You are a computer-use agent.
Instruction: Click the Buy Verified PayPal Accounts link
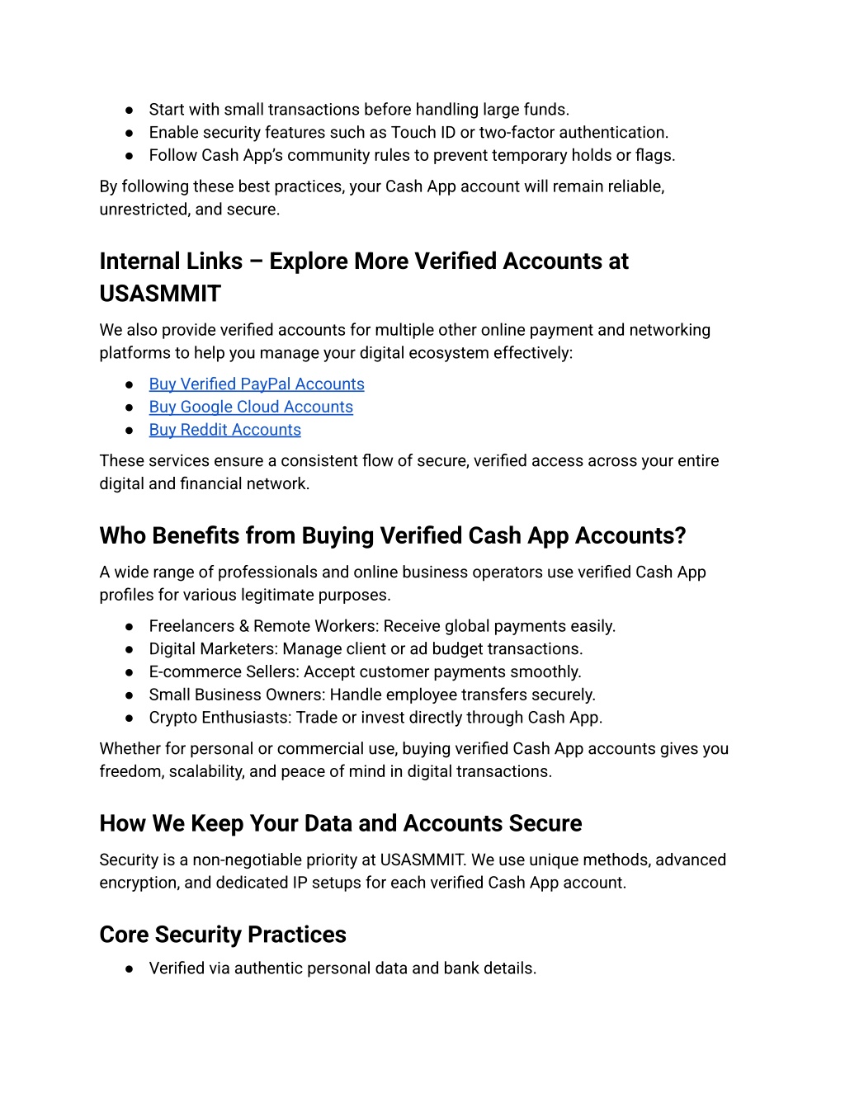click(256, 384)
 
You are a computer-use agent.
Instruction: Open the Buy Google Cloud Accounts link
click(251, 408)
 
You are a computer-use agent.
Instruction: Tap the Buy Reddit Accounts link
click(224, 431)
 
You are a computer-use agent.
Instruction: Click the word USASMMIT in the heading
click(160, 294)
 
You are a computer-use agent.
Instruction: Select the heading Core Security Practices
click(223, 935)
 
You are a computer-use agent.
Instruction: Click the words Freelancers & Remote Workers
click(263, 627)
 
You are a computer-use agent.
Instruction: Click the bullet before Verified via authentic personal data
click(130, 969)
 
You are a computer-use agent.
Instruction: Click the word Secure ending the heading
click(545, 824)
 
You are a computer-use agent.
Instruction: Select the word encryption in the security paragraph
click(138, 883)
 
